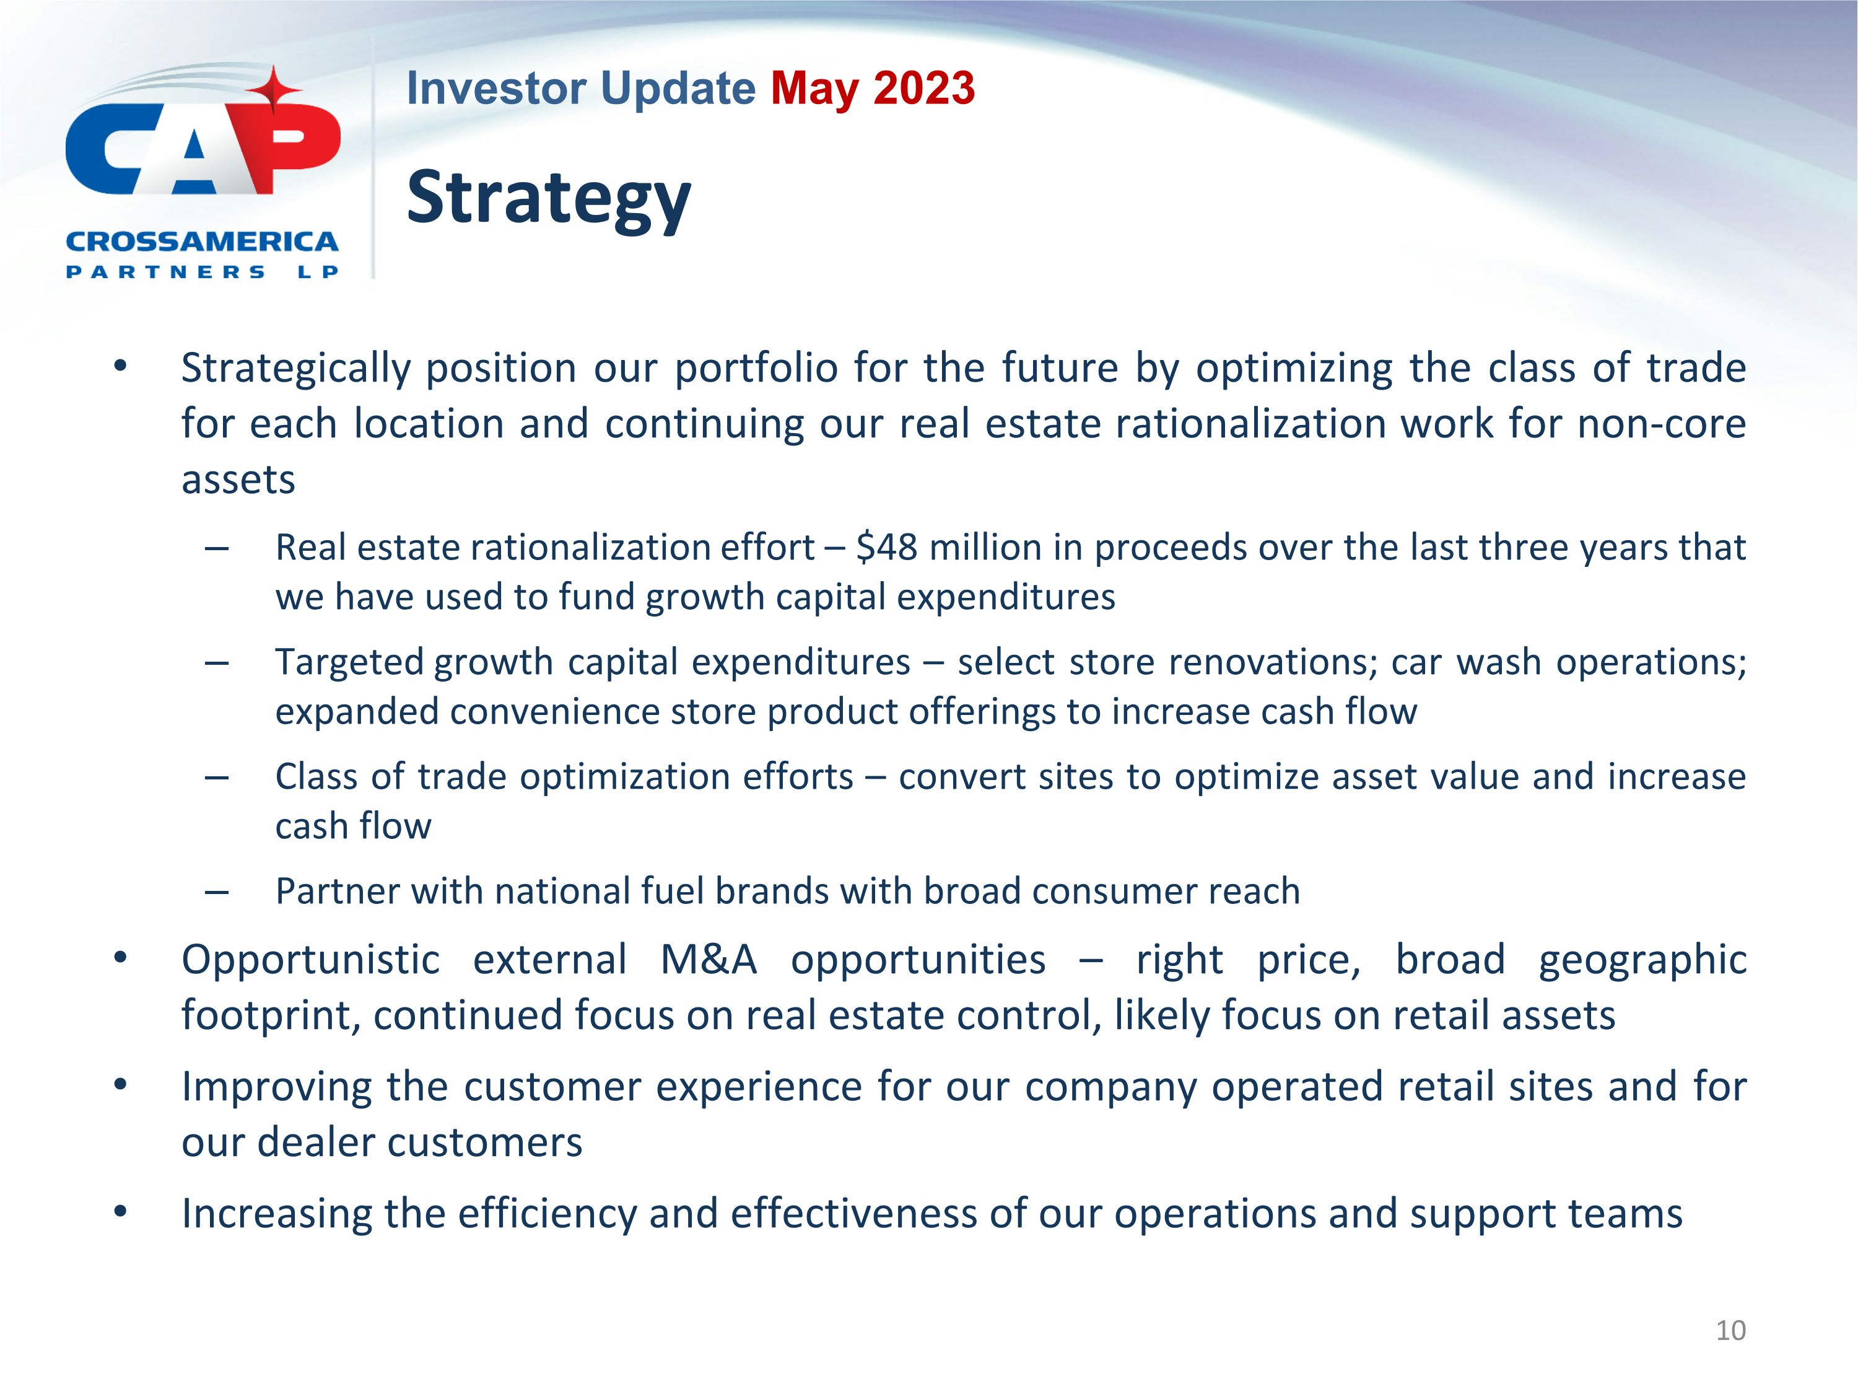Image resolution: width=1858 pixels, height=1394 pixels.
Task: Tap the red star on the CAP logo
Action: tap(274, 90)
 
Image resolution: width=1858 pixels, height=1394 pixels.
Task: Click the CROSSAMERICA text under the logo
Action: tap(201, 242)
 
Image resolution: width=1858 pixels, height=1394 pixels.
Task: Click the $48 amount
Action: tap(886, 548)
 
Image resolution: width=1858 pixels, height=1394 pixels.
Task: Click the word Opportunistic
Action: tap(310, 960)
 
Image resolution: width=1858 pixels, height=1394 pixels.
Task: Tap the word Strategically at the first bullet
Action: tap(295, 368)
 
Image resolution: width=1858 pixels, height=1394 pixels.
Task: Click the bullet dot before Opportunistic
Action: tap(120, 957)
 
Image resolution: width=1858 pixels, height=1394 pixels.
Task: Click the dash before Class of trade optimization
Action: tap(217, 778)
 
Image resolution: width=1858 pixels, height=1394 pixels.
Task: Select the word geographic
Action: tap(1642, 960)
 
